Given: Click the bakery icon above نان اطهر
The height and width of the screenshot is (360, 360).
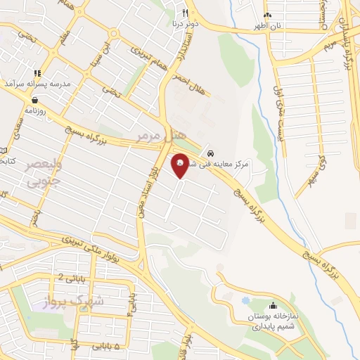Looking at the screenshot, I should [x=267, y=15].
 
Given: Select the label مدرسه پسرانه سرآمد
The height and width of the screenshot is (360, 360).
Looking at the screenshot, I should [x=39, y=83].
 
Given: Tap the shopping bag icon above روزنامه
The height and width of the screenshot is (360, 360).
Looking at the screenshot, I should [x=35, y=100].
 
